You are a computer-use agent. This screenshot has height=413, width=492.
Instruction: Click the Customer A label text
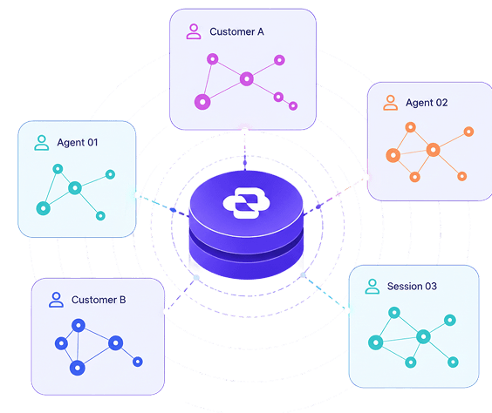click(x=236, y=31)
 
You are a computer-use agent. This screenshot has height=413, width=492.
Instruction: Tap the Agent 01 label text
click(x=78, y=143)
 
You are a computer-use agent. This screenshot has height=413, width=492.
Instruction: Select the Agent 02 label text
click(x=427, y=103)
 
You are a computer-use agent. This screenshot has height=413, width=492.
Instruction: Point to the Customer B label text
click(x=99, y=300)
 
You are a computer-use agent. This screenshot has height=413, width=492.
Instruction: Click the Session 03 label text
click(x=412, y=286)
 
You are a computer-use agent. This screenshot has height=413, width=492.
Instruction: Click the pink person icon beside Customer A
click(x=194, y=31)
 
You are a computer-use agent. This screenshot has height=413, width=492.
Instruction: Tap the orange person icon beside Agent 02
click(x=390, y=103)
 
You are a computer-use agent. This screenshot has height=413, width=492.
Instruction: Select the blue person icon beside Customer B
click(x=56, y=300)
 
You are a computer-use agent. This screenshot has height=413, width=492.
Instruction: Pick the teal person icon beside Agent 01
click(x=41, y=143)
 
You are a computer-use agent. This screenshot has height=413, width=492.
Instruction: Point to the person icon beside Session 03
click(x=372, y=286)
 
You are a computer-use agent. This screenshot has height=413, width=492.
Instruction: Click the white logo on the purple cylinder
click(x=246, y=203)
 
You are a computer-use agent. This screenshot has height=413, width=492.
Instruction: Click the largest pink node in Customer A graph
click(x=202, y=102)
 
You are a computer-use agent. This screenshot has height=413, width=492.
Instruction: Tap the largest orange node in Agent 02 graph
click(x=393, y=155)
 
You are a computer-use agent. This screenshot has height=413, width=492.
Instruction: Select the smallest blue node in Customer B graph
click(x=138, y=362)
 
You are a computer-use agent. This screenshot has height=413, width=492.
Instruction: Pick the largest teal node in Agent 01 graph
click(x=44, y=208)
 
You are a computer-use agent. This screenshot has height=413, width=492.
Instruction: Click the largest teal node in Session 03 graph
click(x=376, y=342)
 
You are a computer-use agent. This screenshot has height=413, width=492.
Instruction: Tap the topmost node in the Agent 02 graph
click(x=410, y=127)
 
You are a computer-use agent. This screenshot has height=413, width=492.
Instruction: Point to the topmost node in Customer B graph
click(x=79, y=326)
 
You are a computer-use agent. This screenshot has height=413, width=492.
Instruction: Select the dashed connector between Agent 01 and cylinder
click(x=162, y=206)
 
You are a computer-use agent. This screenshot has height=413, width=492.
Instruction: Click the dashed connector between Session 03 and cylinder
click(x=325, y=293)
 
